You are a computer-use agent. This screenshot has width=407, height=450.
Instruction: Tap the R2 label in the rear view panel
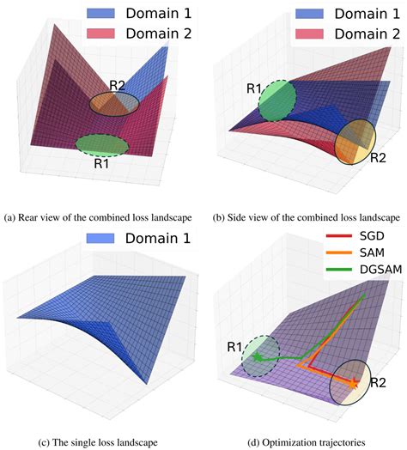pyautogui.click(x=118, y=85)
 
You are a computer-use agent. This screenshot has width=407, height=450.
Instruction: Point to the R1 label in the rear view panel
pyautogui.click(x=101, y=160)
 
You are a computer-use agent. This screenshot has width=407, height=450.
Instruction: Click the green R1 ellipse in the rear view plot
pyautogui.click(x=101, y=144)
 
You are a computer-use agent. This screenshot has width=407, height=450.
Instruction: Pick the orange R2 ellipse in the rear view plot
pyautogui.click(x=113, y=103)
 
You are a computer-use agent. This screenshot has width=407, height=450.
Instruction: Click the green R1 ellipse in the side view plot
pyautogui.click(x=276, y=100)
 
